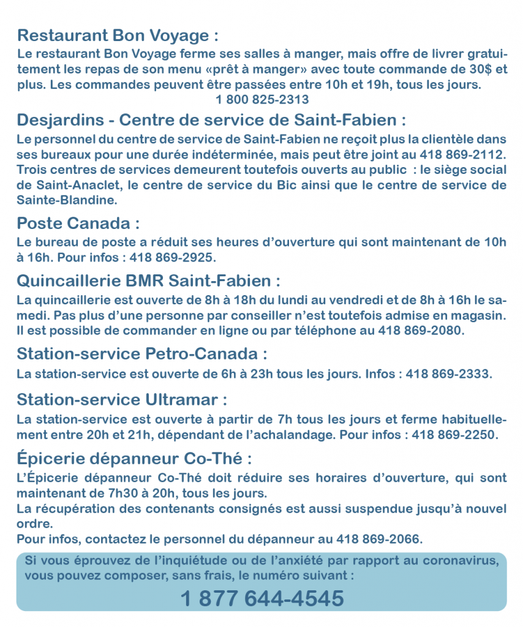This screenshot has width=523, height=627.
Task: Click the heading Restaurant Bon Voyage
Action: pos(118,34)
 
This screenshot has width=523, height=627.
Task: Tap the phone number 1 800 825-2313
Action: pos(261,99)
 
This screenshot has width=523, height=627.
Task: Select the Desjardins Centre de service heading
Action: pos(211,118)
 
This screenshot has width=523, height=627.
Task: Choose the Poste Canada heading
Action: pos(78,222)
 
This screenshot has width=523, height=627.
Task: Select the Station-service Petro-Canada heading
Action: pos(142,354)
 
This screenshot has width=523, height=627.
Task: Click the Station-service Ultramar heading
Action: pos(122,400)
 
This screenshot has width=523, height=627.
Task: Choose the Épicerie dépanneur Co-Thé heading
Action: pos(134,459)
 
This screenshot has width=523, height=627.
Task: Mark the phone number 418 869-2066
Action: pos(379,539)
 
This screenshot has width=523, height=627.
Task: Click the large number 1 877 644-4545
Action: pos(262,597)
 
